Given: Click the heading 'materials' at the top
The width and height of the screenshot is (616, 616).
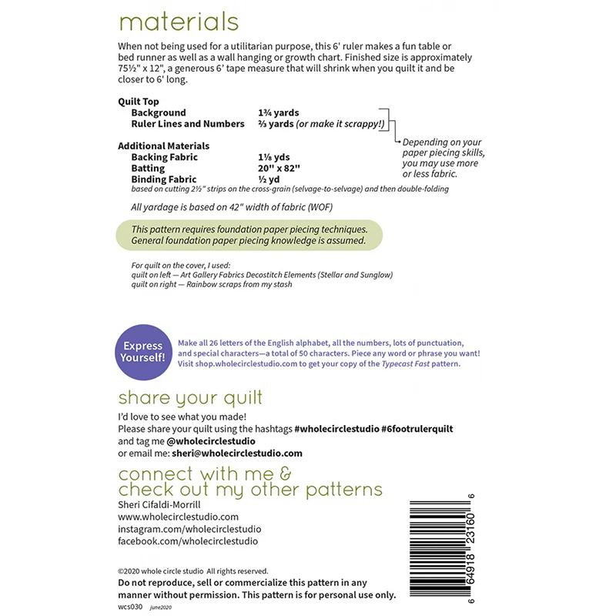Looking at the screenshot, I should click(178, 21).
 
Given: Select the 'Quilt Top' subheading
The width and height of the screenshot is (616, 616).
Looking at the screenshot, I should click(139, 102).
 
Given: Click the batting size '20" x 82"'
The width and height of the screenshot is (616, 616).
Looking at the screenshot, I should click(280, 168).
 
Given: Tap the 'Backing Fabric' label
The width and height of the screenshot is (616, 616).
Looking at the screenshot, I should click(165, 157).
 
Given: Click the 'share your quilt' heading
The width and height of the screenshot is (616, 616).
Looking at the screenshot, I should click(190, 397).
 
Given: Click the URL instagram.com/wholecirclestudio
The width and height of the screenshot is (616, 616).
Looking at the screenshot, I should click(189, 529).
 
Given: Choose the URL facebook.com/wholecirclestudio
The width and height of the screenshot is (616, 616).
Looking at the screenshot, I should click(188, 541).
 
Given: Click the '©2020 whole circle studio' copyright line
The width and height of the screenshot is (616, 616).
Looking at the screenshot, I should click(192, 571).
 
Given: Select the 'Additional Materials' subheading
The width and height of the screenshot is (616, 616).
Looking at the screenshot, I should click(163, 146).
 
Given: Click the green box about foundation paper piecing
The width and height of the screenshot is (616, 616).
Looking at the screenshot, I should click(249, 235).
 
